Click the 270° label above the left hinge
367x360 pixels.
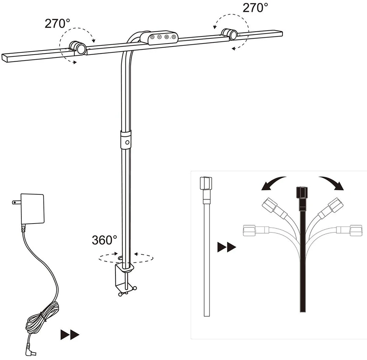point(57,23)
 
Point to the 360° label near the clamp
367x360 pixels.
point(104,240)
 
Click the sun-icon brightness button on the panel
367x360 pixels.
point(167,37)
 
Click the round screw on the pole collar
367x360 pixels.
point(127,142)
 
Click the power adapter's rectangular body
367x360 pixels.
point(32,208)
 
